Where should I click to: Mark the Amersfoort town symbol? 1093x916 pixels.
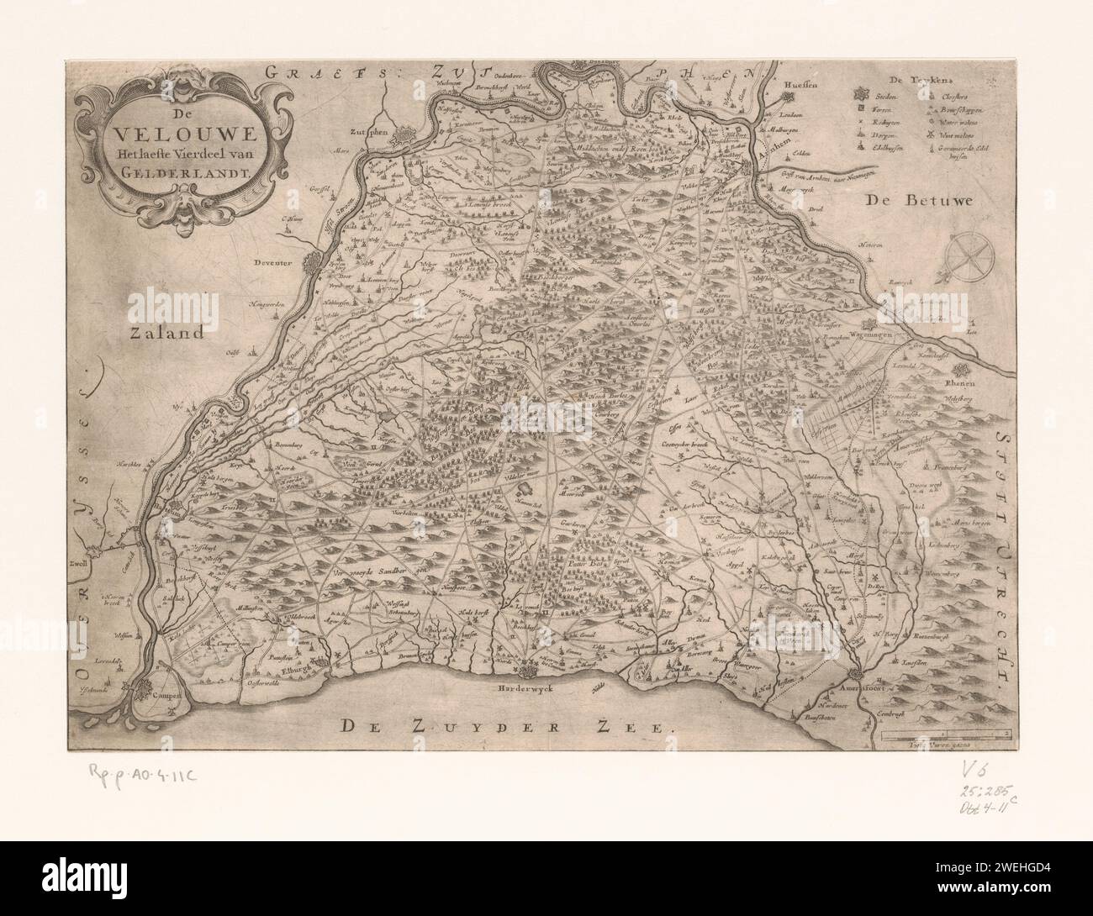pyautogui.click(x=855, y=675)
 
